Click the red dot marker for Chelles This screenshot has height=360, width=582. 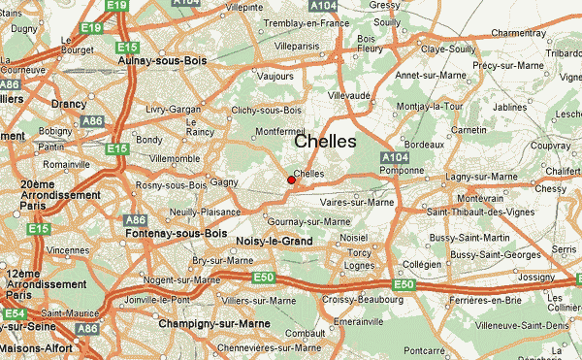(291, 180)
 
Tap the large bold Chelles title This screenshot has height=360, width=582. (324, 142)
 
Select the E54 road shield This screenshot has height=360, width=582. (15, 314)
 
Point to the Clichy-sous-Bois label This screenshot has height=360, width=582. (268, 110)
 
